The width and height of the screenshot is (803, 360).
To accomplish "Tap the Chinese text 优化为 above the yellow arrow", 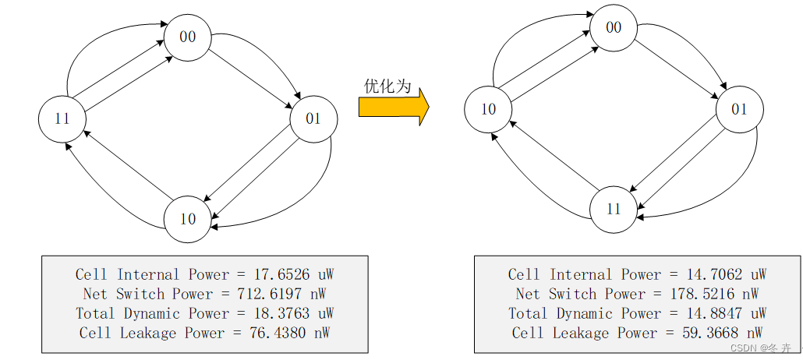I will click(387, 86).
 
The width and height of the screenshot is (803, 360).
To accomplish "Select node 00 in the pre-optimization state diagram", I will click(187, 37).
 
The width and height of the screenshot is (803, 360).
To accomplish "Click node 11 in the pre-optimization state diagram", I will click(62, 119).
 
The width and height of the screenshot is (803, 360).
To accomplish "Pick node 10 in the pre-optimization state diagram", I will click(188, 219).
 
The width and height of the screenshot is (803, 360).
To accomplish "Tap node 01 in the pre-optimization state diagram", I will click(313, 119).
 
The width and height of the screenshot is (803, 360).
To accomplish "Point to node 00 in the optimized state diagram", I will click(614, 27).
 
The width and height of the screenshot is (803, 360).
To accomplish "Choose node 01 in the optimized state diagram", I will click(739, 110).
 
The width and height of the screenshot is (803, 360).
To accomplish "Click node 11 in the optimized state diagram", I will click(614, 210).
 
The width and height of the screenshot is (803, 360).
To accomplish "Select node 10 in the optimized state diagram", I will click(488, 110).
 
